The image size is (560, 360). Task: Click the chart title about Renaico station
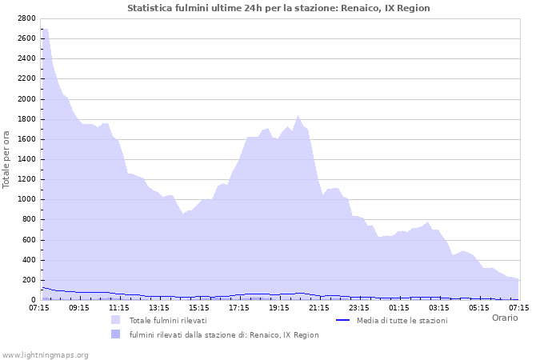[278, 8]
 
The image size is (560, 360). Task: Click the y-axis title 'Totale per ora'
[7, 158]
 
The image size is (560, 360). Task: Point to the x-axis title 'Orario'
[505, 318]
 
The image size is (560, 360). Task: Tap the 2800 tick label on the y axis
[26, 18]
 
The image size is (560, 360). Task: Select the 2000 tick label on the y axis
[26, 99]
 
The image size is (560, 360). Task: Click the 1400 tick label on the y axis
[26, 159]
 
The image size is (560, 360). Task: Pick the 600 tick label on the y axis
[28, 240]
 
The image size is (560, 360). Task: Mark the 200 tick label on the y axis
[28, 280]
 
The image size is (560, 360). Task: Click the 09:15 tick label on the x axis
[79, 307]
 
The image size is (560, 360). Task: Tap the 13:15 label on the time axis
[159, 307]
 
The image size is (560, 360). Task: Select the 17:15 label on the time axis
[239, 307]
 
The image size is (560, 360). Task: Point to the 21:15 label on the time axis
[319, 307]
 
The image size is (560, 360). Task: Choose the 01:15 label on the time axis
[399, 307]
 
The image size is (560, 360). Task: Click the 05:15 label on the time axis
[479, 307]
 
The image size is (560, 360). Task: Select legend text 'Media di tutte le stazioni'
[402, 320]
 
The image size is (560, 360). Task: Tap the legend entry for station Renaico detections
[224, 334]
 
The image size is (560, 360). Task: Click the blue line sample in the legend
[343, 320]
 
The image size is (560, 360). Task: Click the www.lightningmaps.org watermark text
[45, 354]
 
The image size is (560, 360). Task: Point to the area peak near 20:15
[298, 115]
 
